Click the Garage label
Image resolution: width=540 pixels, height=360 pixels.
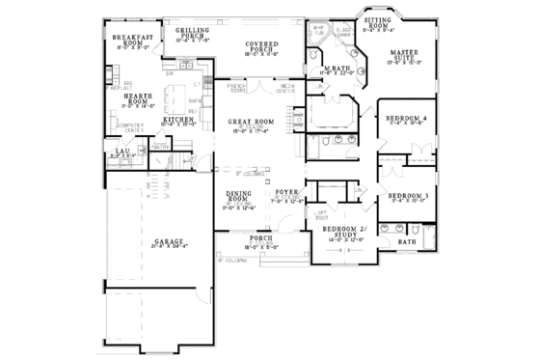(x=168, y=241)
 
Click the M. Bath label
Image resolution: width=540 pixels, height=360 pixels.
(x=338, y=69)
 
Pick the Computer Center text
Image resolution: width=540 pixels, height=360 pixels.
(x=126, y=126)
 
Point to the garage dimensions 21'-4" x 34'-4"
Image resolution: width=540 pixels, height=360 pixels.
(x=168, y=248)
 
